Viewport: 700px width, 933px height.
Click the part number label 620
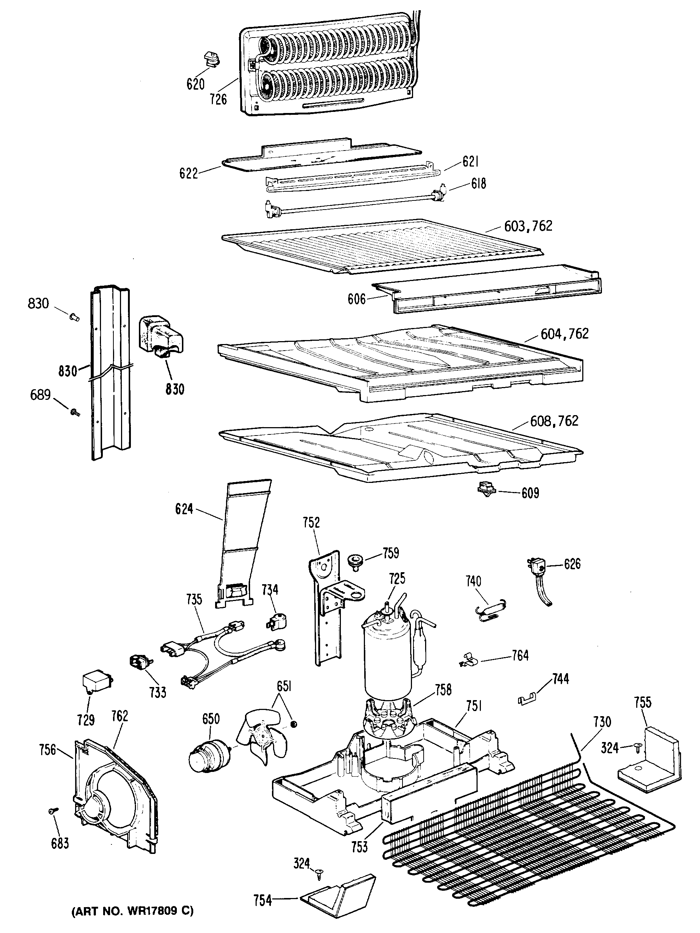(195, 84)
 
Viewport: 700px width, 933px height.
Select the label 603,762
(528, 226)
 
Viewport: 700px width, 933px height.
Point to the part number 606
(357, 299)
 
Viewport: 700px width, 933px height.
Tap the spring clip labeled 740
(490, 611)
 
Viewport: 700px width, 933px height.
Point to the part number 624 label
(184, 510)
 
